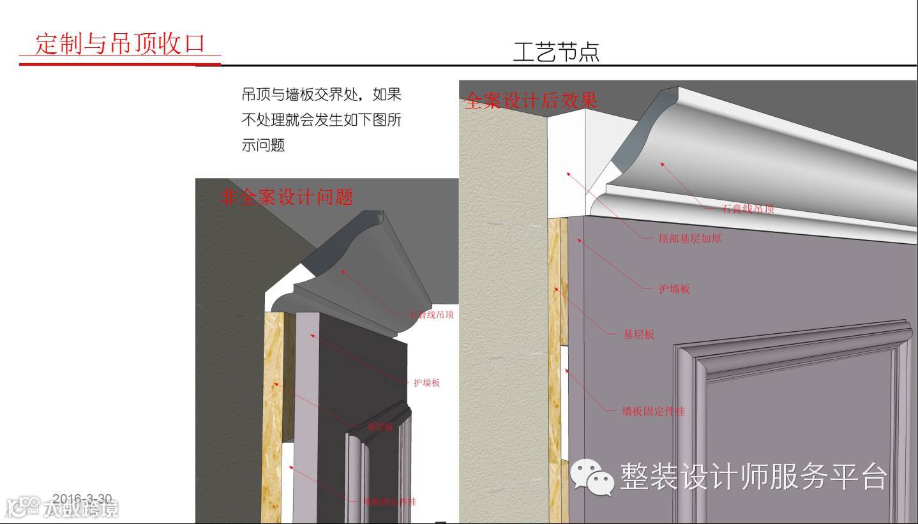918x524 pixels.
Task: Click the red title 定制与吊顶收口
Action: click(x=120, y=45)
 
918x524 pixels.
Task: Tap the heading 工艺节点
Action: click(x=556, y=52)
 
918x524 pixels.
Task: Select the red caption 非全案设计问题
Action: click(x=287, y=197)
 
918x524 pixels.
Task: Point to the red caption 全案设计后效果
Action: click(x=531, y=101)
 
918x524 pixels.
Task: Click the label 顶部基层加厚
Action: click(x=689, y=239)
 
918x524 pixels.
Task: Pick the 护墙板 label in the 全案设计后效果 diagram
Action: click(x=674, y=289)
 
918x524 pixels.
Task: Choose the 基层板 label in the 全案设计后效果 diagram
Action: click(x=638, y=334)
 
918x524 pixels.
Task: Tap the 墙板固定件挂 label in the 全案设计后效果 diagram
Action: click(x=653, y=412)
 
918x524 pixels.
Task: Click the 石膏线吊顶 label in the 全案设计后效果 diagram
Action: click(x=748, y=209)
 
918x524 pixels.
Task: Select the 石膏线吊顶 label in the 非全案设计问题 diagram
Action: click(x=432, y=315)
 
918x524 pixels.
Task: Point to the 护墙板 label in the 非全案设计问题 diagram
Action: click(x=426, y=383)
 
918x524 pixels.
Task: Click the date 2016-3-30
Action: click(x=82, y=499)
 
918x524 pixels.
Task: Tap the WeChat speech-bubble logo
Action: click(x=591, y=476)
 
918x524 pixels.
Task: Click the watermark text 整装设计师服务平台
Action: click(x=753, y=476)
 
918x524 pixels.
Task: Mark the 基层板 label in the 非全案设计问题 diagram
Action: click(x=380, y=426)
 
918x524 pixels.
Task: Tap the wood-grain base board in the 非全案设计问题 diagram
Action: click(x=273, y=408)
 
